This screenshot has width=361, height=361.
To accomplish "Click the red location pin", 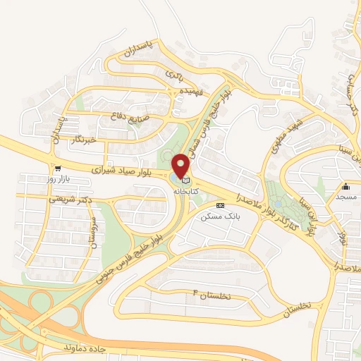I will (x=181, y=166).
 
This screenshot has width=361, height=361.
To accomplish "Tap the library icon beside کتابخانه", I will (x=185, y=180).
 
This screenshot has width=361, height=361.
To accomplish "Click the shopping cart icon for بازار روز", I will (x=54, y=169).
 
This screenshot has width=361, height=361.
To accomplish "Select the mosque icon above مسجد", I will (x=346, y=187).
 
